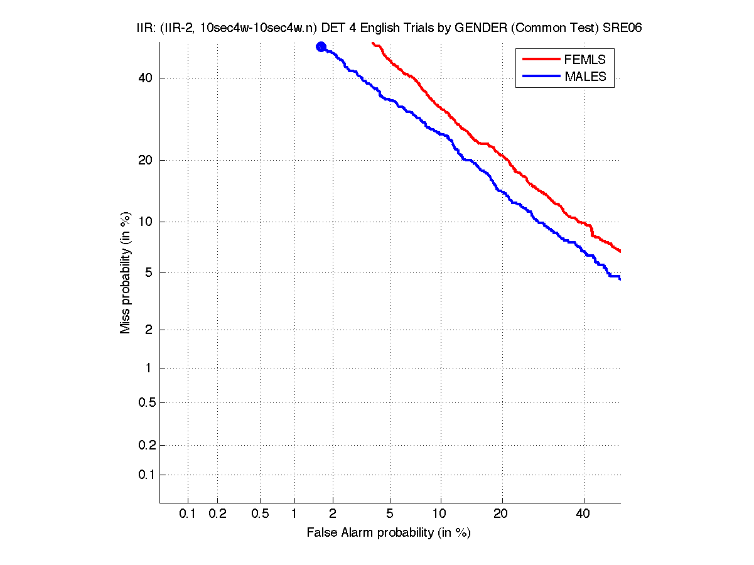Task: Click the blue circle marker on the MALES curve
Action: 321,46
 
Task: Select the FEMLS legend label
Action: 584,60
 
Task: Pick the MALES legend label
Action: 585,77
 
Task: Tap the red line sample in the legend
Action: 541,58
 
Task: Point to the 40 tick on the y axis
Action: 144,78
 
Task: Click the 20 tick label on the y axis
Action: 144,161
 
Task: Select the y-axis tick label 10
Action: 144,222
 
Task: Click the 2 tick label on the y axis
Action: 148,330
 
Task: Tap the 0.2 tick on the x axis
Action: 217,514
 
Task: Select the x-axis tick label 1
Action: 294,514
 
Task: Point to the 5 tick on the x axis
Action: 390,514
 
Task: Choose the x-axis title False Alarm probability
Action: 389,533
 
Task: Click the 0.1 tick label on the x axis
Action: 188,514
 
